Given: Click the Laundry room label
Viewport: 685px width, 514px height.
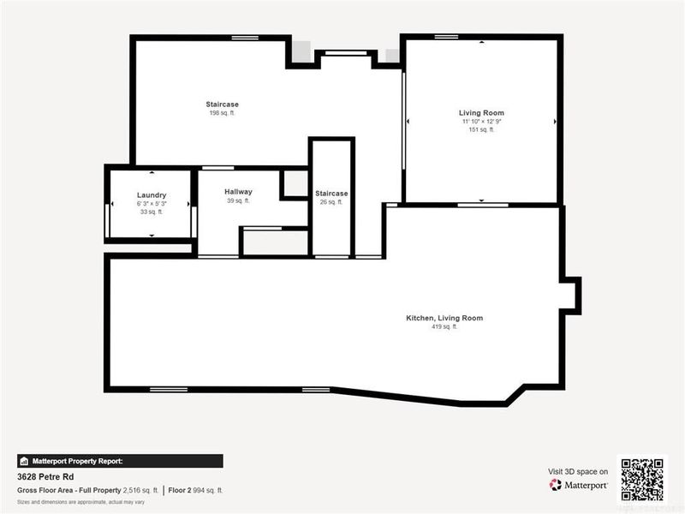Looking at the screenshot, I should click(x=151, y=195).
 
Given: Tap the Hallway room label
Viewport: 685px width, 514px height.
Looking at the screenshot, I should click(x=238, y=192).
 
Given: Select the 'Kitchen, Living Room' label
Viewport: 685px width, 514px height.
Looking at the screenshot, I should click(x=444, y=318).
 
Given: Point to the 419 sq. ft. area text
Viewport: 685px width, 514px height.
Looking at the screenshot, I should click(x=444, y=326).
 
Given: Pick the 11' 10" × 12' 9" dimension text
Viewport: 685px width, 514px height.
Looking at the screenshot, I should click(x=480, y=122).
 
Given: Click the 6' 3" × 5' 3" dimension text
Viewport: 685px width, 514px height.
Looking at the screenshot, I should click(x=151, y=204).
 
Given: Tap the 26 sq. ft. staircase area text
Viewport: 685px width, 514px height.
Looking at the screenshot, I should click(x=331, y=202).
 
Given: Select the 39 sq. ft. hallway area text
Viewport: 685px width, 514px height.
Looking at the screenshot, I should click(x=238, y=200).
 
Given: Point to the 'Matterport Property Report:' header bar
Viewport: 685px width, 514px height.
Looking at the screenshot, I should click(x=120, y=460).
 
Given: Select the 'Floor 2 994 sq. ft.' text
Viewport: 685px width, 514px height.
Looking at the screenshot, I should click(x=195, y=490).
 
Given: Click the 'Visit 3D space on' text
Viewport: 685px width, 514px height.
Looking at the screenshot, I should click(x=578, y=471).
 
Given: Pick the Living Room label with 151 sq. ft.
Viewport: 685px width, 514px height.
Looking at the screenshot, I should click(x=480, y=113).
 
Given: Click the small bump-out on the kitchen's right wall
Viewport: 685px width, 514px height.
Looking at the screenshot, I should click(x=570, y=296).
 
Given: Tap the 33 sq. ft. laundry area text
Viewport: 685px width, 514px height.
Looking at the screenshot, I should click(x=151, y=212).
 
